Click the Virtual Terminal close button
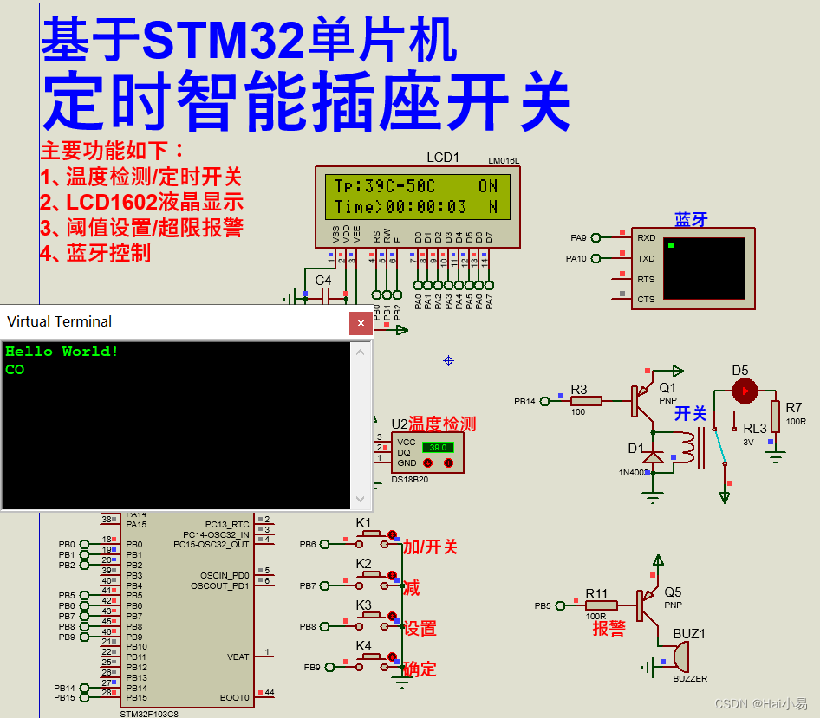tap(361, 323)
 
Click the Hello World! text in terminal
tap(62, 352)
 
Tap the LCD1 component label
tap(443, 158)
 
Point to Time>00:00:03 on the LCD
tap(400, 207)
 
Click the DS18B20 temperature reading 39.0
tap(438, 447)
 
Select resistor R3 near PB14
tap(586, 400)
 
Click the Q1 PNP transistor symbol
tap(642, 399)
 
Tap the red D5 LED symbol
tap(743, 391)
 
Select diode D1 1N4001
tap(653, 456)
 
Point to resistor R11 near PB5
tap(601, 605)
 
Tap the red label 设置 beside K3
tap(420, 629)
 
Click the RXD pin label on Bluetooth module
tap(646, 237)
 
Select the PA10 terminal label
tap(576, 258)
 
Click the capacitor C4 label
tap(322, 281)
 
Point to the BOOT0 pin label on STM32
tap(235, 697)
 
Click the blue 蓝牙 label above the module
tap(691, 220)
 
